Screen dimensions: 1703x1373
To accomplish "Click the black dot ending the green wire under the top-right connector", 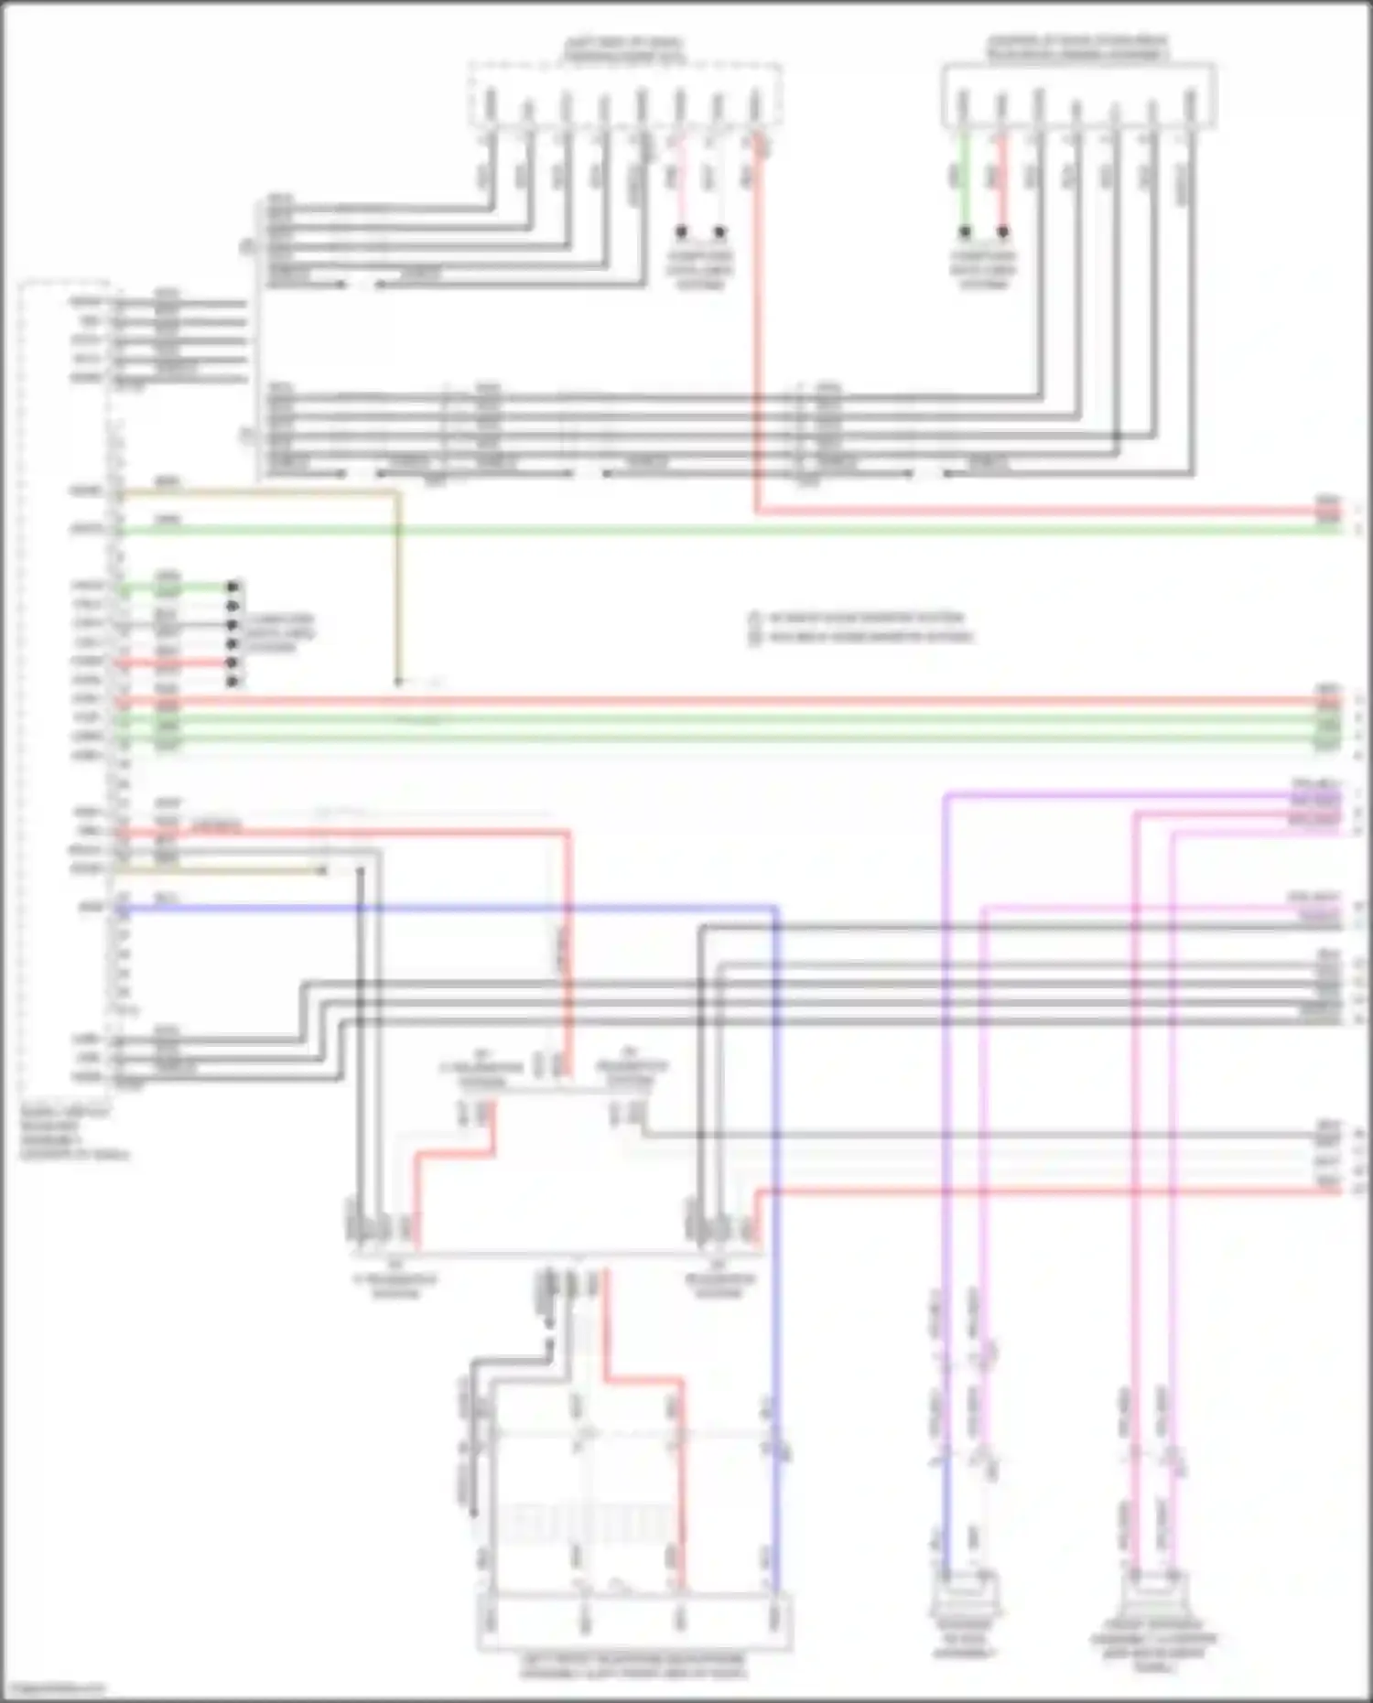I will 964,232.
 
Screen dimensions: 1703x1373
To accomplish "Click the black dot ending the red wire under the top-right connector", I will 1003,232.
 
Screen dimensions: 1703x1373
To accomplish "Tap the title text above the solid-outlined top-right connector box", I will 1077,49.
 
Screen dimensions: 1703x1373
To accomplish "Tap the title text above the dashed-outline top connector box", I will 622,49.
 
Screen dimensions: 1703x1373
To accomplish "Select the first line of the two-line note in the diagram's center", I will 865,618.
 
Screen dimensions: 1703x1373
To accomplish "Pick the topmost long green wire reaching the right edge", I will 732,530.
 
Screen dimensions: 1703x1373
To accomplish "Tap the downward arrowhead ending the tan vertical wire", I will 398,682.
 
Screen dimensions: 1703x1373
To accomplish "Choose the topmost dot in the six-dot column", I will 233,587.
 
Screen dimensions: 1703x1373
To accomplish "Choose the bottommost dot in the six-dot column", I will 233,682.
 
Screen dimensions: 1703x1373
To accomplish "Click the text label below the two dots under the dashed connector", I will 700,270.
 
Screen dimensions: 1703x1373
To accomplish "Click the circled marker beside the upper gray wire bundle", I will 245,247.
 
